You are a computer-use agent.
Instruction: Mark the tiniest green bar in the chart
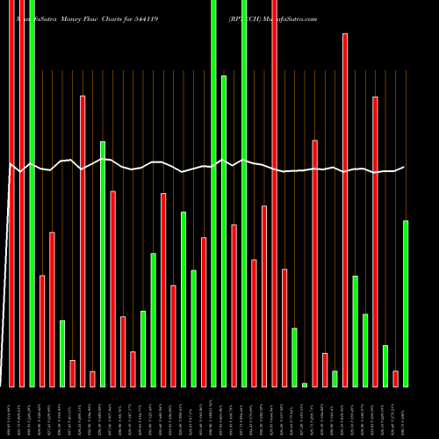(x=305, y=385)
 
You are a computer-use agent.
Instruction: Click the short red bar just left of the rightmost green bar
(x=396, y=378)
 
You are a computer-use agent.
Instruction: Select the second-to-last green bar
(x=385, y=366)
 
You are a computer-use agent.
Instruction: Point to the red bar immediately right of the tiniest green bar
(x=314, y=263)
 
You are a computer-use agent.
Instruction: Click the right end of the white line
(x=405, y=168)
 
